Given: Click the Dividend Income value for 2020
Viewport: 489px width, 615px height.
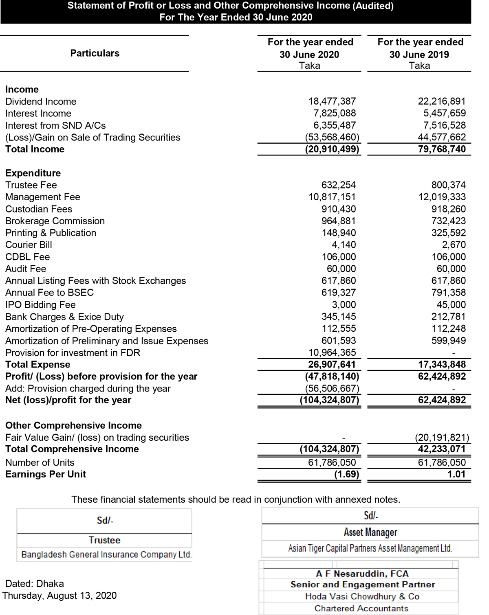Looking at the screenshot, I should [x=332, y=101].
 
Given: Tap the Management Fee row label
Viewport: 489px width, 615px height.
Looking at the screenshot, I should [x=43, y=197].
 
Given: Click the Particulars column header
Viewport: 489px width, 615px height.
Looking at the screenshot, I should [x=95, y=53].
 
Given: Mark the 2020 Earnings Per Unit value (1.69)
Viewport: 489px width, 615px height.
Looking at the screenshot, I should [x=346, y=475].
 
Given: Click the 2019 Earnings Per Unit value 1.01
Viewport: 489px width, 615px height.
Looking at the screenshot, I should [x=456, y=475].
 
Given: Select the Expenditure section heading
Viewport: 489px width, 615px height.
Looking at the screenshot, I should [x=33, y=173].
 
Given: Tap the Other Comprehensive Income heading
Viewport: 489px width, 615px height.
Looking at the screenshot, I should [x=73, y=426].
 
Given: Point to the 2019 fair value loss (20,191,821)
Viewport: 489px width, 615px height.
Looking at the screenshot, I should [x=442, y=438].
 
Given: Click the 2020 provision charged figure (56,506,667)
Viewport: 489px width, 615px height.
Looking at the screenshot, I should [x=332, y=389].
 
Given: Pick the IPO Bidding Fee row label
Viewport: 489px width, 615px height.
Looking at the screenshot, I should [x=40, y=305].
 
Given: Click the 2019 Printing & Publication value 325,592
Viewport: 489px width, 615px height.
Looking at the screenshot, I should [x=448, y=233].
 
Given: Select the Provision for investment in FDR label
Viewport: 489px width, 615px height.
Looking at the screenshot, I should [x=73, y=353].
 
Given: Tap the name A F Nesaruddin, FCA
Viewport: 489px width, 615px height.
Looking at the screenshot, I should [x=362, y=574].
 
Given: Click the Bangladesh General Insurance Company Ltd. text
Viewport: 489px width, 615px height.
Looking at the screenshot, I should [x=106, y=555].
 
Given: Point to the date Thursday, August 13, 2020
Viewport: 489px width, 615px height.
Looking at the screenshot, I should [x=59, y=596].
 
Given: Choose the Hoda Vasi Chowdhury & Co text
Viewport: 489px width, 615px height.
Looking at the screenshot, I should [x=362, y=597].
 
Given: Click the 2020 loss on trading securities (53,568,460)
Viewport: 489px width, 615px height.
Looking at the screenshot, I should [x=332, y=138].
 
